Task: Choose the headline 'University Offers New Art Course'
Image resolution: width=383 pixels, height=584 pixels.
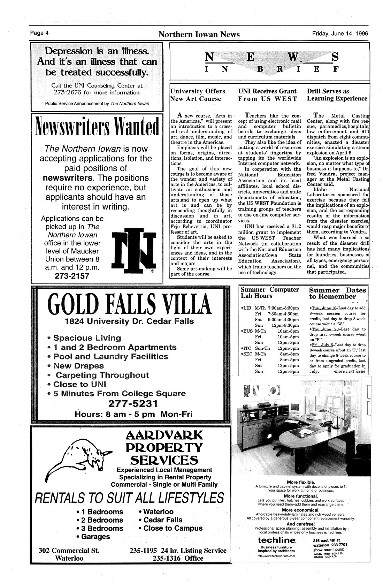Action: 197,95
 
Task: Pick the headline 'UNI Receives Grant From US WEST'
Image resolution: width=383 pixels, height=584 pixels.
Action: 267,95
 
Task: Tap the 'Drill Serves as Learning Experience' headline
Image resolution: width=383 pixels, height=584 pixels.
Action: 337,95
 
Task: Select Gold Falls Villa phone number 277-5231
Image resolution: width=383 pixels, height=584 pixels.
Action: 133,404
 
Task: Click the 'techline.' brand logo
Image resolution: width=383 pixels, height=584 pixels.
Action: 277,540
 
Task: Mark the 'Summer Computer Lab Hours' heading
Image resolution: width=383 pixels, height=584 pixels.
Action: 270,293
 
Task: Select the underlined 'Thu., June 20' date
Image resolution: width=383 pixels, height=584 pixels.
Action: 324,329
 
